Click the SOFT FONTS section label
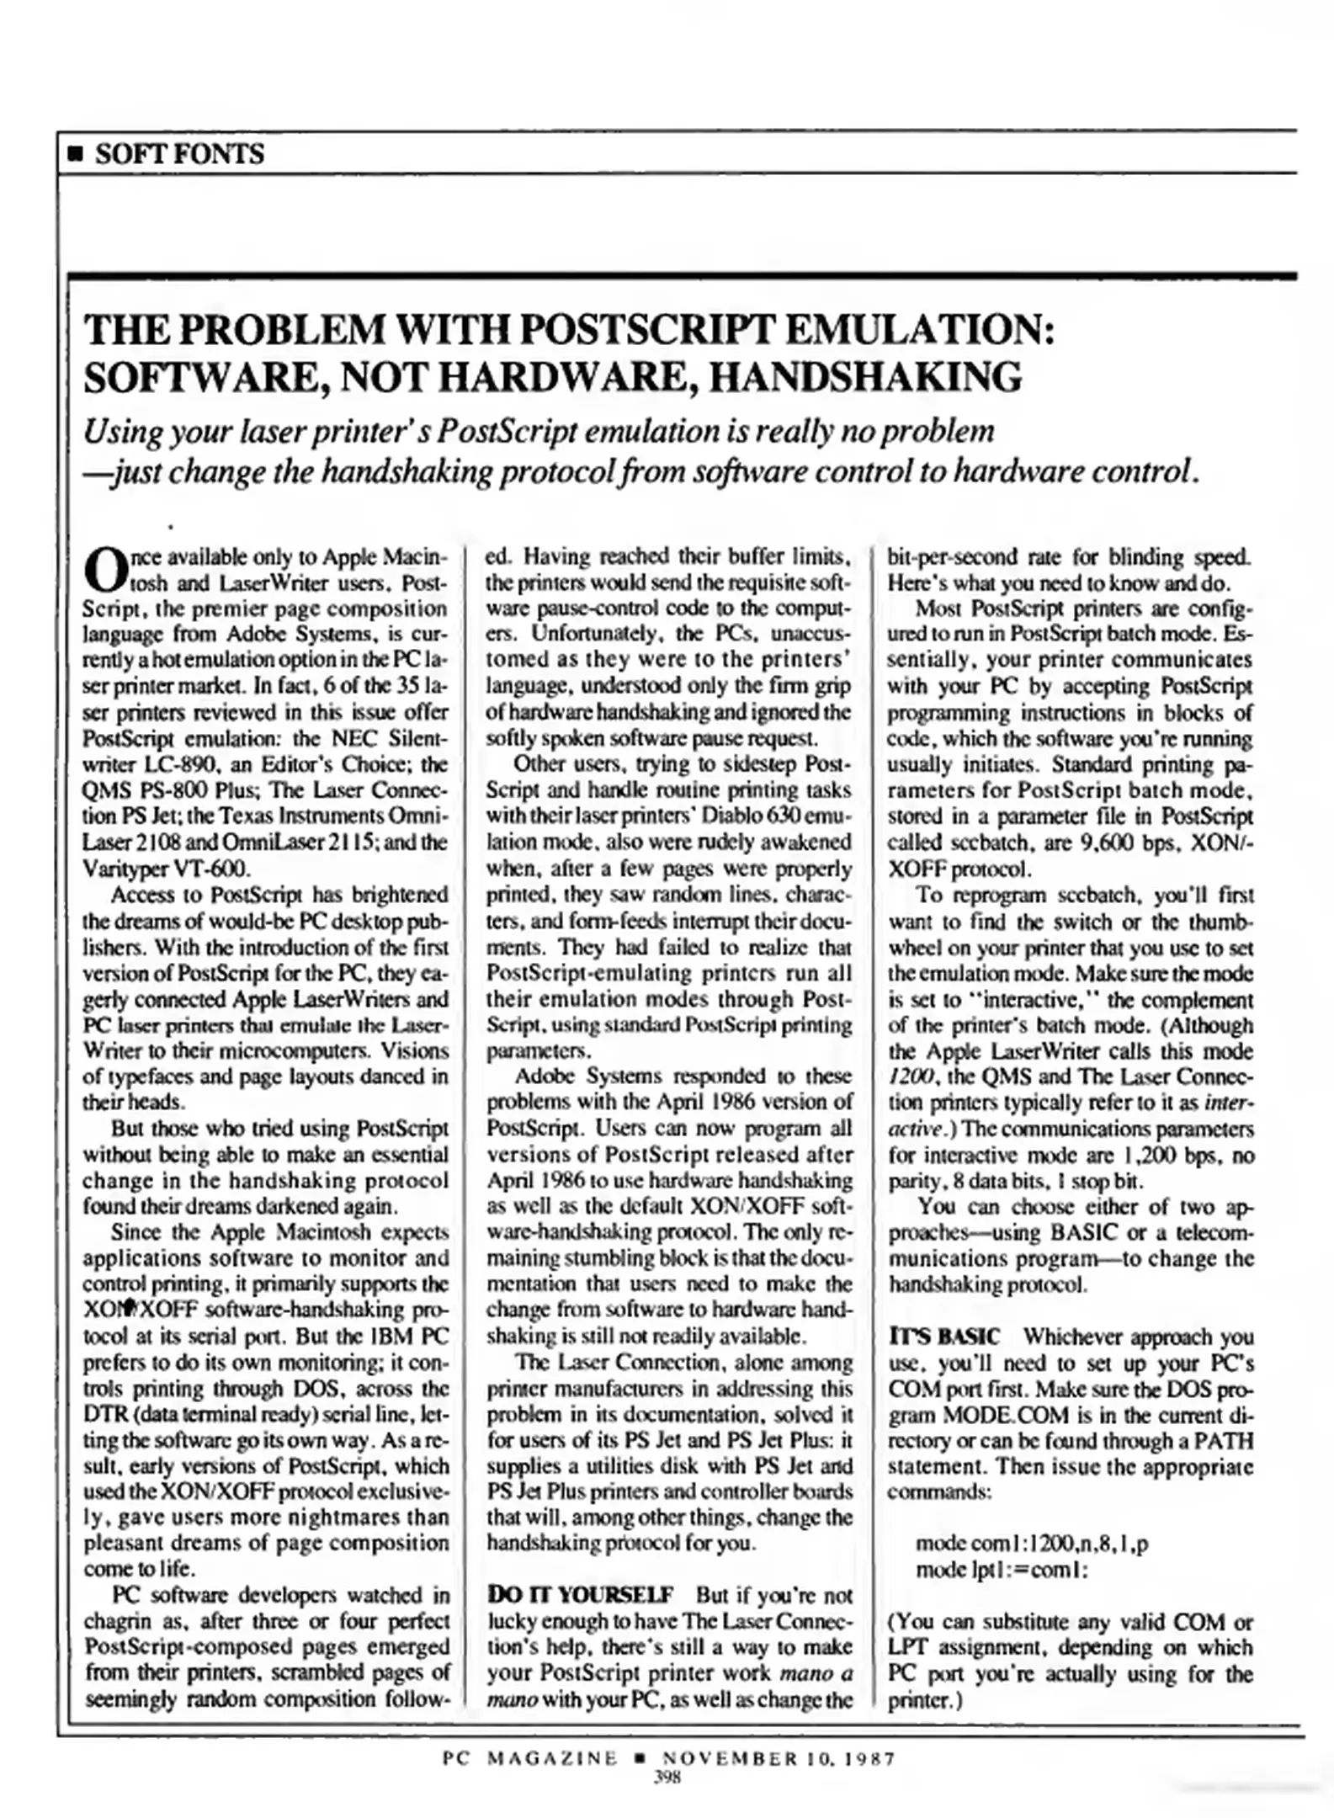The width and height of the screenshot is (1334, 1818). (179, 154)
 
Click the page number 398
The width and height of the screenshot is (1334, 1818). (667, 1777)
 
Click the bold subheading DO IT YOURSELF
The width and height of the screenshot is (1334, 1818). (581, 1595)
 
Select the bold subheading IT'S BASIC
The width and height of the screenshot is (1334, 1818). (944, 1337)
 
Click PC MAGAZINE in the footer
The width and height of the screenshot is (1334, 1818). (530, 1758)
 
